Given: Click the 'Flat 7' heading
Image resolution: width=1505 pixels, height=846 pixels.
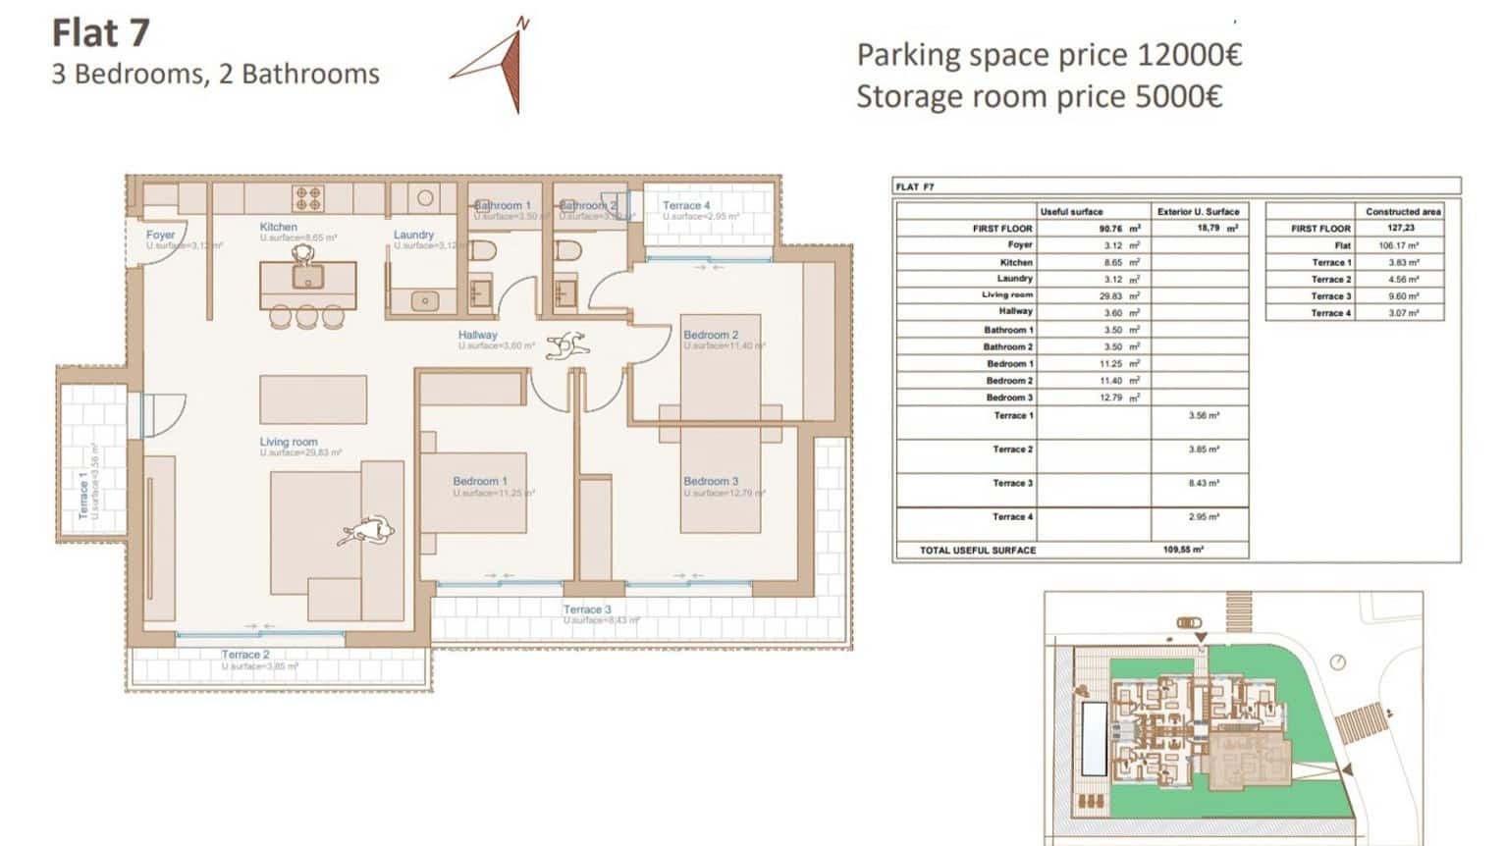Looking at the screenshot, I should tap(100, 33).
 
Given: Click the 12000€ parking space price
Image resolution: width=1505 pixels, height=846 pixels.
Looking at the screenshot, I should tap(1189, 55).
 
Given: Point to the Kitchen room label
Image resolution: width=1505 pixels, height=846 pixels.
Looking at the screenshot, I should tap(279, 227).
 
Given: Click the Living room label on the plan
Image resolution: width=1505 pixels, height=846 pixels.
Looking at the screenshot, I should tap(289, 442).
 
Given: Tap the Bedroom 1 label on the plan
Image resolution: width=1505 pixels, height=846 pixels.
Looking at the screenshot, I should tap(480, 481).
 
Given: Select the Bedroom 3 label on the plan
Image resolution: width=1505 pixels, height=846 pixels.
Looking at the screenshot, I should tap(711, 481).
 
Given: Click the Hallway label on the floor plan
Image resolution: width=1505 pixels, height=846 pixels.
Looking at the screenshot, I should tap(477, 335).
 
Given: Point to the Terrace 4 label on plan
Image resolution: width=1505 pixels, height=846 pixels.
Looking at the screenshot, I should tap(686, 206).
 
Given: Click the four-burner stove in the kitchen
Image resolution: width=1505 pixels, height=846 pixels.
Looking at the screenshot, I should tap(308, 198).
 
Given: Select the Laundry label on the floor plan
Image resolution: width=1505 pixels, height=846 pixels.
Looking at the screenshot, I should tap(413, 235).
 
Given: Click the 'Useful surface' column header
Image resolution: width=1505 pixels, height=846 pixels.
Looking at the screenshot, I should tap(1071, 211).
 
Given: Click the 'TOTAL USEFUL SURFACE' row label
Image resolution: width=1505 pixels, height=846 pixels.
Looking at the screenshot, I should tap(978, 551).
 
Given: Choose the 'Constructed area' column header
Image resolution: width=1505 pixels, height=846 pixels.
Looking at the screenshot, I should tap(1403, 211).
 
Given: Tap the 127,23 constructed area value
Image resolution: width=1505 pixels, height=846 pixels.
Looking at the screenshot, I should tap(1402, 228).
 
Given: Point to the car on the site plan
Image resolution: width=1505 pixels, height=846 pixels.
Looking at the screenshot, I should tap(1188, 622).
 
